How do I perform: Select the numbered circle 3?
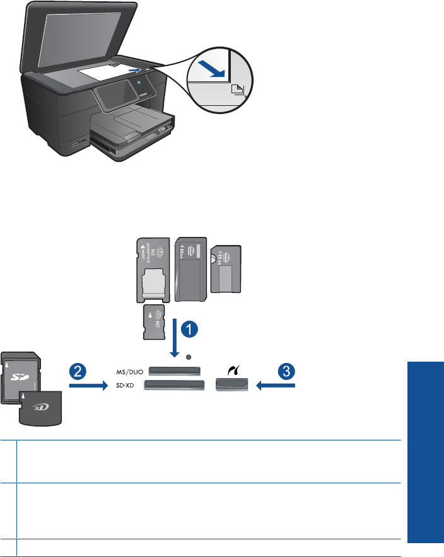286,371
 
